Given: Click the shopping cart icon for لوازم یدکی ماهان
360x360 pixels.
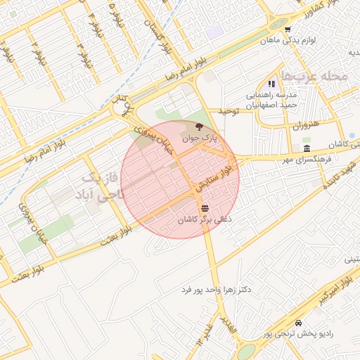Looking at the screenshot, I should pos(288,29).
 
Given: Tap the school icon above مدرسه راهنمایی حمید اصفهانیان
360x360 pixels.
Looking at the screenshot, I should pos(271,84).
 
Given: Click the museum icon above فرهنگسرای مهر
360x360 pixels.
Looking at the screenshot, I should pos(306,148).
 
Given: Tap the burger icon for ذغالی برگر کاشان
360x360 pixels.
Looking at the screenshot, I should pos(205,208).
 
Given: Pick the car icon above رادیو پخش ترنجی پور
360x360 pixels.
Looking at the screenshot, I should pos(299,323).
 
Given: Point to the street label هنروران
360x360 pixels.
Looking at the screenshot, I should pos(306,124).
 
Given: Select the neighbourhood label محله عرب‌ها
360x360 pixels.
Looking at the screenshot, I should pos(313,75).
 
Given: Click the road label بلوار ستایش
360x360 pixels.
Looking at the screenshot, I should pos(226,170).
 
